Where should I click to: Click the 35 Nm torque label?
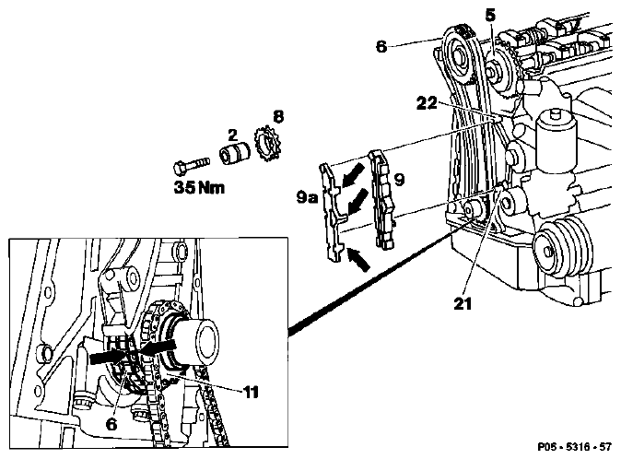(x=199, y=187)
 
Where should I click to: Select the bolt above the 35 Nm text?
(x=191, y=166)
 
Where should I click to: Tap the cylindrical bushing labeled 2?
(x=234, y=155)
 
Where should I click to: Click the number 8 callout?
(x=278, y=116)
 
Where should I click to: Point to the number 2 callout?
(x=232, y=135)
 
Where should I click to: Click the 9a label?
(x=307, y=197)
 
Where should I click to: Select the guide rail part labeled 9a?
(x=332, y=214)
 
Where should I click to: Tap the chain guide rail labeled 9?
(x=381, y=200)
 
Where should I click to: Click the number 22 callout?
(x=427, y=103)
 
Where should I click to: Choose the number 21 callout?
(x=463, y=303)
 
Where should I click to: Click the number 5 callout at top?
(x=490, y=16)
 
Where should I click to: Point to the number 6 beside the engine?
(x=381, y=46)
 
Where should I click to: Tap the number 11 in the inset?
(x=251, y=392)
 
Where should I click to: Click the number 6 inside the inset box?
(x=111, y=425)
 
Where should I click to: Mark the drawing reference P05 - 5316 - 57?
(x=574, y=447)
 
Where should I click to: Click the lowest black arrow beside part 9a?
(x=358, y=259)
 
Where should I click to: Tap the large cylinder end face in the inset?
(x=208, y=343)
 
